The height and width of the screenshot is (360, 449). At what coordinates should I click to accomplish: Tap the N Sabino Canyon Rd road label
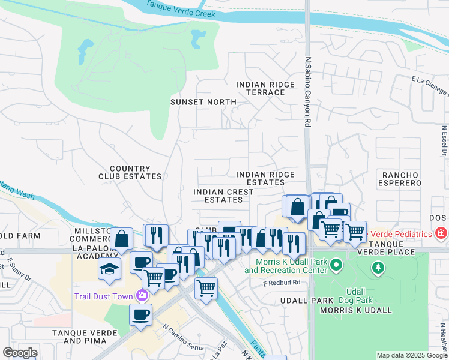[x=308, y=92]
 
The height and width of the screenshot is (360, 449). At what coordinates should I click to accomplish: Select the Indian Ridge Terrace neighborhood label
[x=265, y=88]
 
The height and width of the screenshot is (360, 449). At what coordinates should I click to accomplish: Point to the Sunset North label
[x=203, y=102]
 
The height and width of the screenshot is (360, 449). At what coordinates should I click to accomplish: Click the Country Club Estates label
[x=130, y=173]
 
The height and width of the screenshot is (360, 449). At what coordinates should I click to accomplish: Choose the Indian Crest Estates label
[x=223, y=196]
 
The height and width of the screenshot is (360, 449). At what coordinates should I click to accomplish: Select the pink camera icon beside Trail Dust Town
[x=142, y=295]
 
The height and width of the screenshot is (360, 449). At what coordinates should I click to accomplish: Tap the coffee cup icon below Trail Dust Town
[x=140, y=314]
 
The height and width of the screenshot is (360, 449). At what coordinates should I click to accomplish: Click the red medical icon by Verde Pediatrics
[x=441, y=232]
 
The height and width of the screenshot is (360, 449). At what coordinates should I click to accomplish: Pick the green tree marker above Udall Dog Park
[x=378, y=267]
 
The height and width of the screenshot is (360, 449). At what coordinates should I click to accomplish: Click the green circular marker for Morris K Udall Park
[x=336, y=264]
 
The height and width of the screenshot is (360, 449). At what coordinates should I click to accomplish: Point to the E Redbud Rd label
[x=280, y=282]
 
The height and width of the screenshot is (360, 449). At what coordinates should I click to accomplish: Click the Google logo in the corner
[x=20, y=353]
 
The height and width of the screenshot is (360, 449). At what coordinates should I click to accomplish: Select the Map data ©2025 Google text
[x=411, y=355]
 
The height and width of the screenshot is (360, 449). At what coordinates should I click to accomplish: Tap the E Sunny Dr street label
[x=19, y=271]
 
